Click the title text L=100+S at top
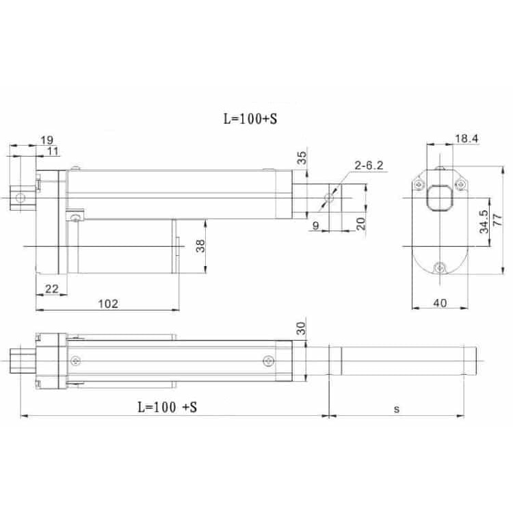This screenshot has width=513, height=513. point(250,117)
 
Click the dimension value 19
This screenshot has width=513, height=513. point(47,140)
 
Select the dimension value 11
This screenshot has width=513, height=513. point(52,150)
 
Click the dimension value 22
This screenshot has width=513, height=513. point(51,289)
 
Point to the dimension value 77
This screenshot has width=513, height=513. point(497,220)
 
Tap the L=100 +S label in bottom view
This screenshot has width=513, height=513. point(167,408)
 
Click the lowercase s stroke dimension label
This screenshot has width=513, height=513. point(396,408)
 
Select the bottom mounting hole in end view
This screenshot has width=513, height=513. point(439,267)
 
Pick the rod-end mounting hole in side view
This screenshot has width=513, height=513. point(329,198)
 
